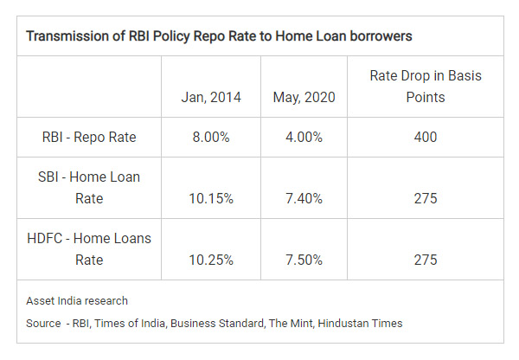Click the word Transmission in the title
(67, 36)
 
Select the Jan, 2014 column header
(211, 98)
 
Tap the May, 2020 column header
(304, 98)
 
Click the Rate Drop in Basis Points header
(426, 87)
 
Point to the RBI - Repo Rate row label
(89, 137)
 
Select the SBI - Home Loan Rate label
(89, 188)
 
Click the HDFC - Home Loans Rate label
(89, 249)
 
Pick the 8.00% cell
(211, 137)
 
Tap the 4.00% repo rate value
(304, 137)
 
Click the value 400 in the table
(426, 137)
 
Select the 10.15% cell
(211, 199)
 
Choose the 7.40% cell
(304, 199)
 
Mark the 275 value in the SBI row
(426, 199)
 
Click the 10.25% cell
(211, 260)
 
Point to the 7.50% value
(304, 260)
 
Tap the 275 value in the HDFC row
(426, 260)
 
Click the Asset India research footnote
(77, 300)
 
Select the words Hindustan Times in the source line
(360, 324)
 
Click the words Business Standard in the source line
(217, 324)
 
